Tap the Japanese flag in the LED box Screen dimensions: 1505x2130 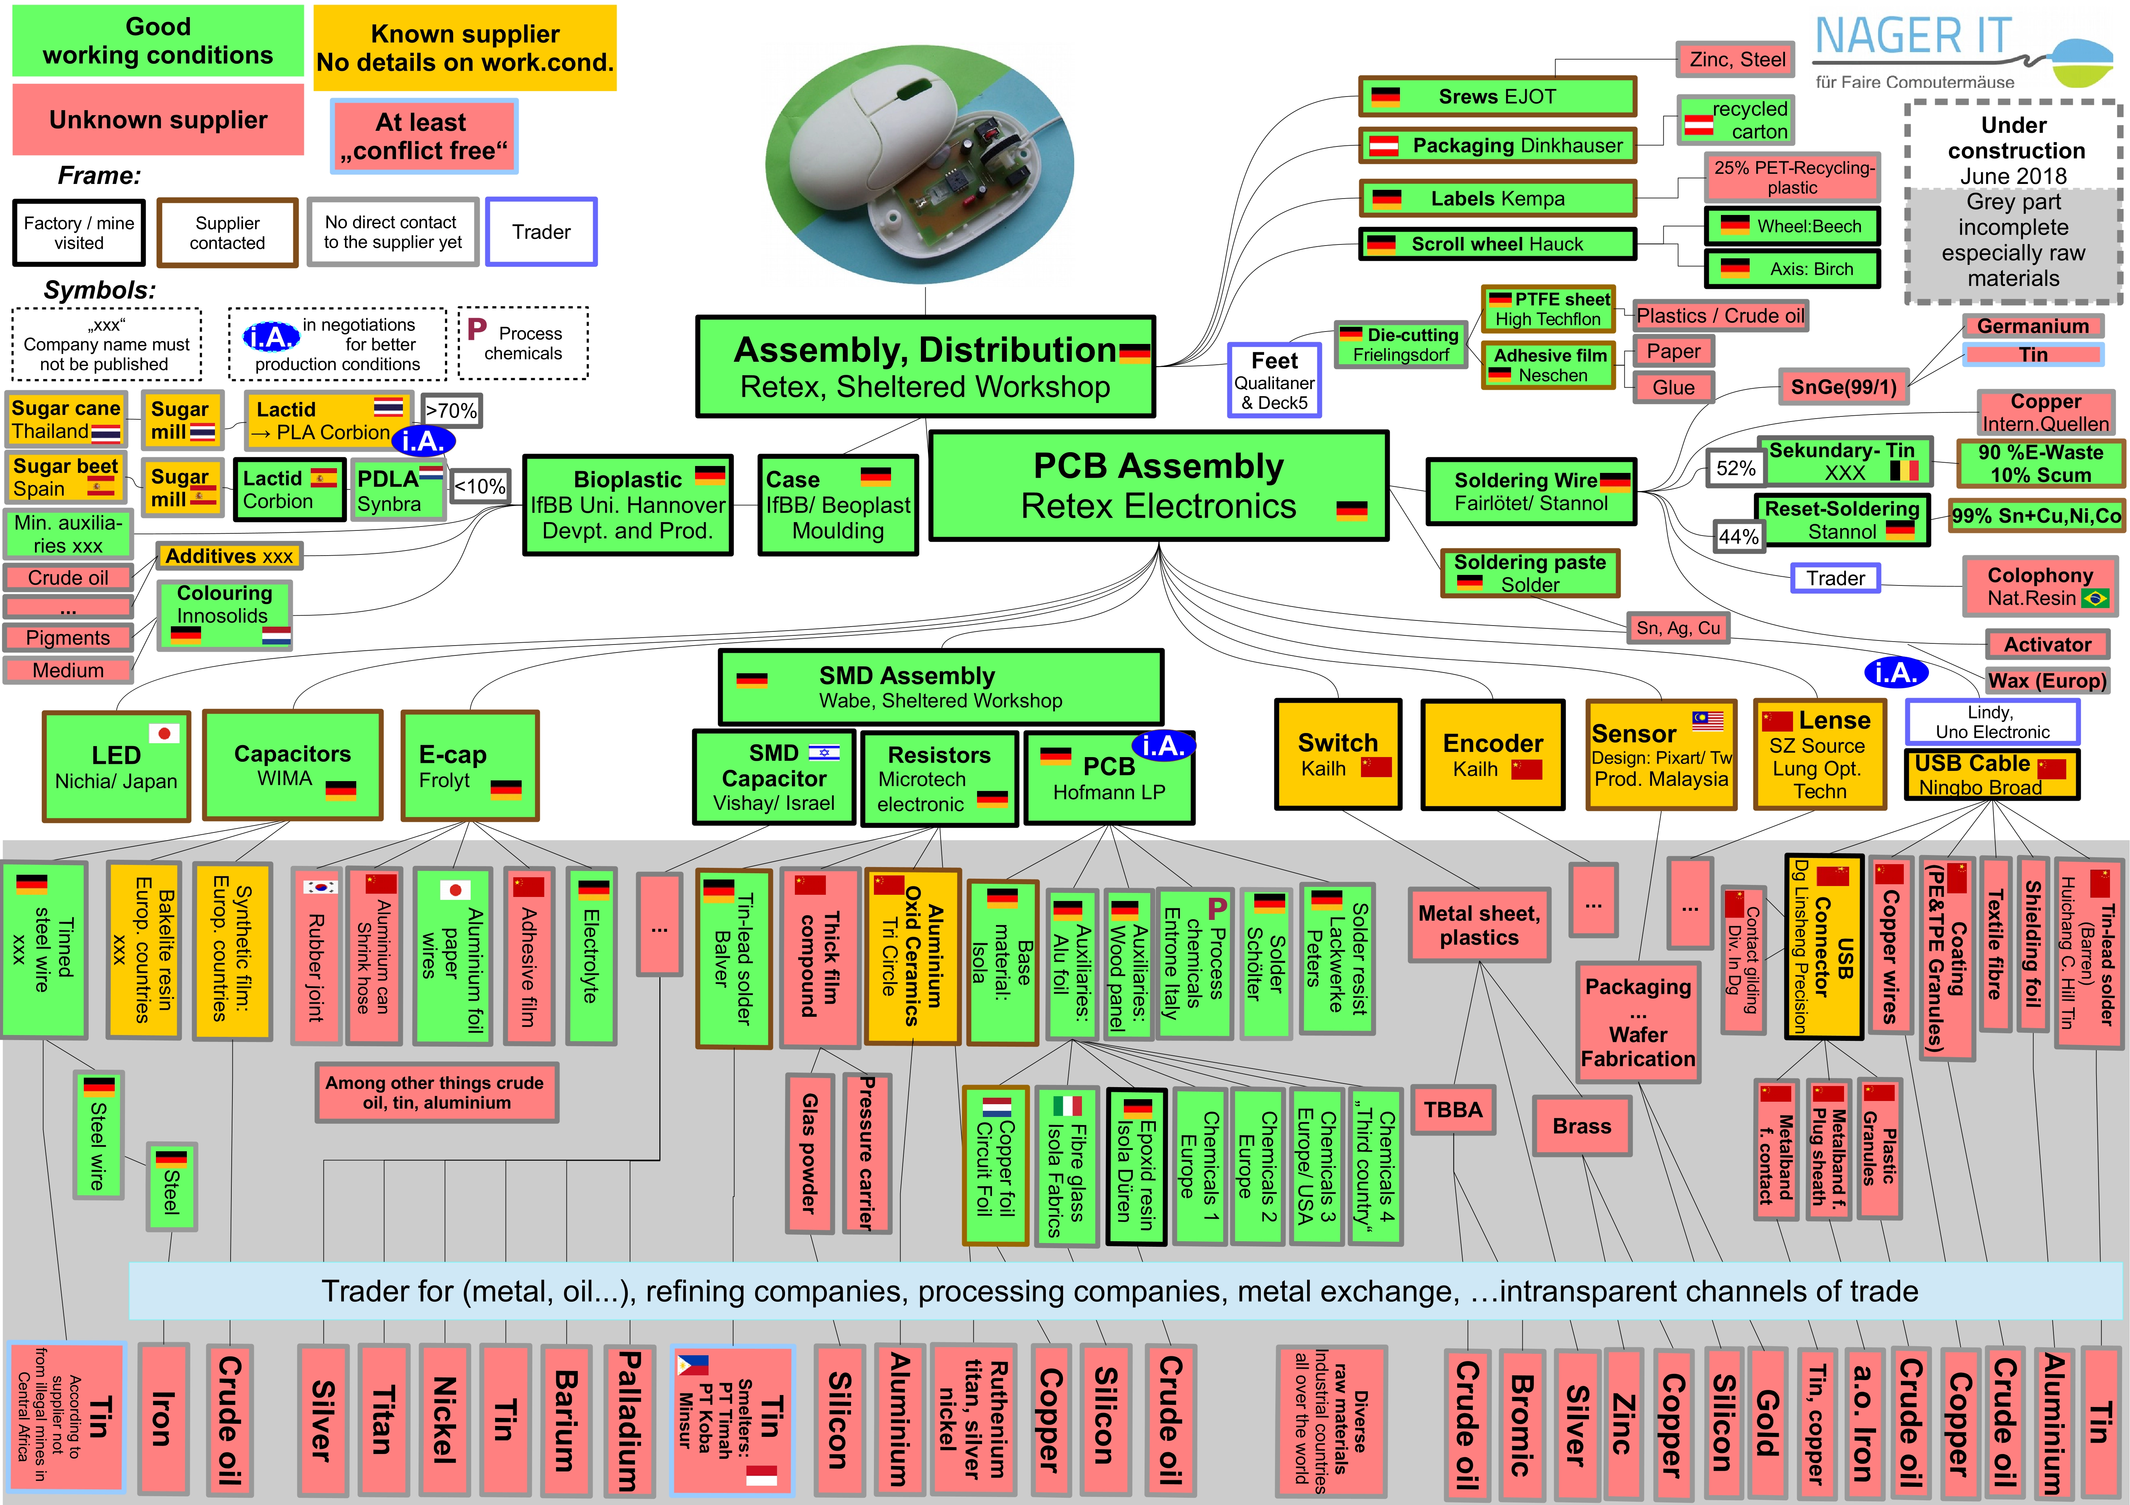coord(164,733)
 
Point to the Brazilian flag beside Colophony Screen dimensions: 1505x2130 coord(2095,599)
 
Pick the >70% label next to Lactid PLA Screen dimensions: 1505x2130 coord(451,410)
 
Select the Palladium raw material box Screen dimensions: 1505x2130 coord(629,1420)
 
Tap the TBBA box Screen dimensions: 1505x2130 coord(1453,1110)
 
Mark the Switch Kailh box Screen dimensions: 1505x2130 coord(1338,755)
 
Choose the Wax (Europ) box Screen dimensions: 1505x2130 coord(2047,680)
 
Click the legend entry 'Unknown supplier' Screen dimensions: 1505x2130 coord(158,120)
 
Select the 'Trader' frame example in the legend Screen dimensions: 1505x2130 coord(541,232)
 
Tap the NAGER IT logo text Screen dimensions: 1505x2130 coord(1913,37)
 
